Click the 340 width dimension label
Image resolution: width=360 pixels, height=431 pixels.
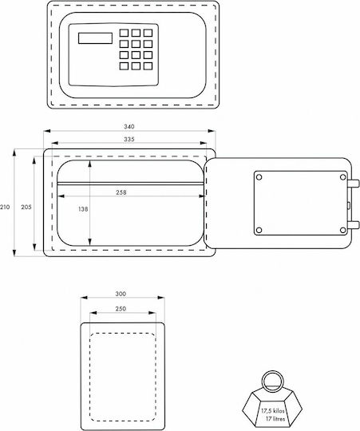pos(129,127)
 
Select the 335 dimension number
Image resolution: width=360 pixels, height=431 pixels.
pos(129,140)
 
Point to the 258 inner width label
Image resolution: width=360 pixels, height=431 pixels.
pos(121,192)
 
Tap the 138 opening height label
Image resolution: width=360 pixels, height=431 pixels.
pos(83,209)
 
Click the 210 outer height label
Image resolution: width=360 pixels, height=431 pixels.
pos(5,207)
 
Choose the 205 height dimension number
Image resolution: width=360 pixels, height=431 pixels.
pos(26,207)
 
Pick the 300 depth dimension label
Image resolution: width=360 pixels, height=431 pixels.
pos(121,294)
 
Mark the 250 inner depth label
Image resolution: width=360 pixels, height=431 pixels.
pos(121,309)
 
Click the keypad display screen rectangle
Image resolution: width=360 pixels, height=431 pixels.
pos(95,38)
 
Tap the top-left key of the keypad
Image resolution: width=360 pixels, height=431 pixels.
pos(124,33)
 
